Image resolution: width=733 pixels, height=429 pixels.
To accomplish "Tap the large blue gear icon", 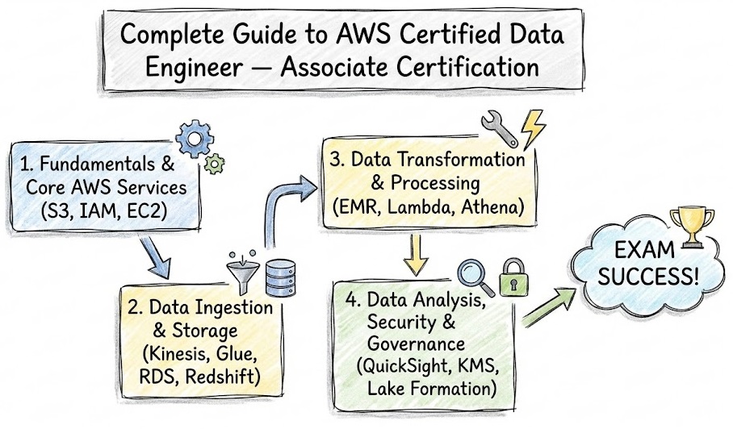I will (191, 140).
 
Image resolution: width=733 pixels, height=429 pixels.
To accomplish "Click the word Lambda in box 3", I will (417, 208).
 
